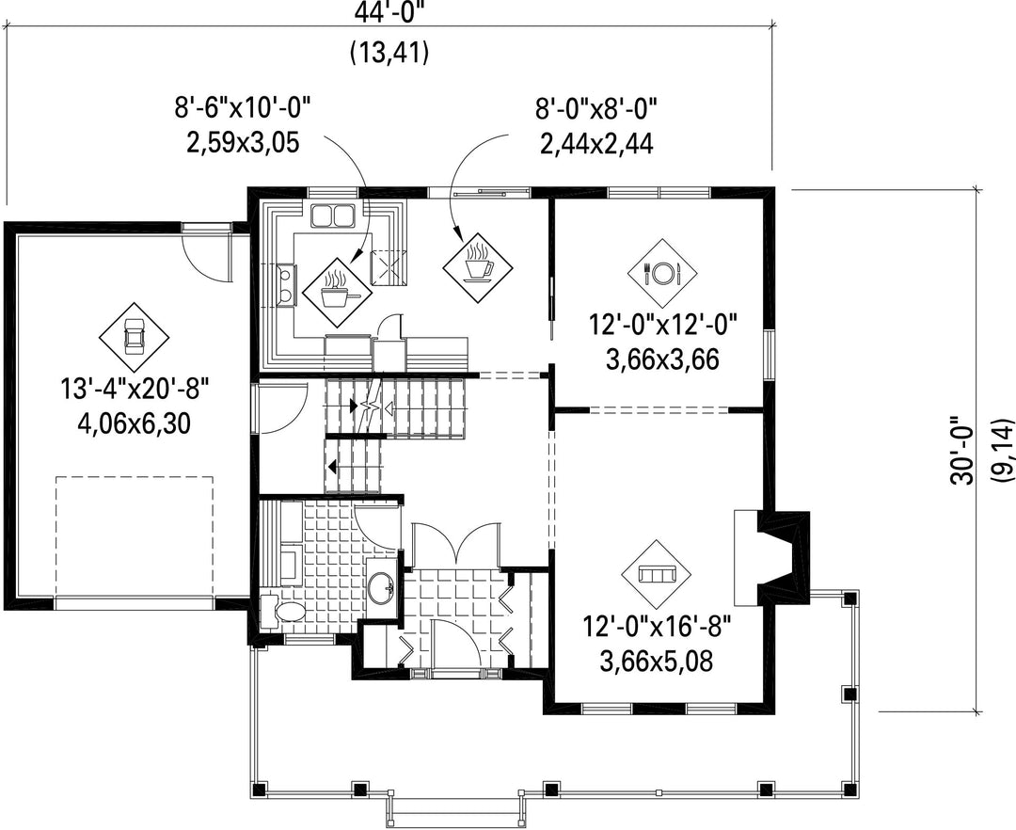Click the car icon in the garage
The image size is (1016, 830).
134,337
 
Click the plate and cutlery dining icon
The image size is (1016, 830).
662,274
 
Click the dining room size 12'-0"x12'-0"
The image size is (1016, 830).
663,325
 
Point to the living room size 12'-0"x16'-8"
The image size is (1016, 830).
657,627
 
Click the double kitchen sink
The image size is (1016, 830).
332,215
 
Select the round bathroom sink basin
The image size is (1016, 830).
381,587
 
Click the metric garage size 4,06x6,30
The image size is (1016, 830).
134,423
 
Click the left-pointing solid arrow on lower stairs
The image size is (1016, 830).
332,466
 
